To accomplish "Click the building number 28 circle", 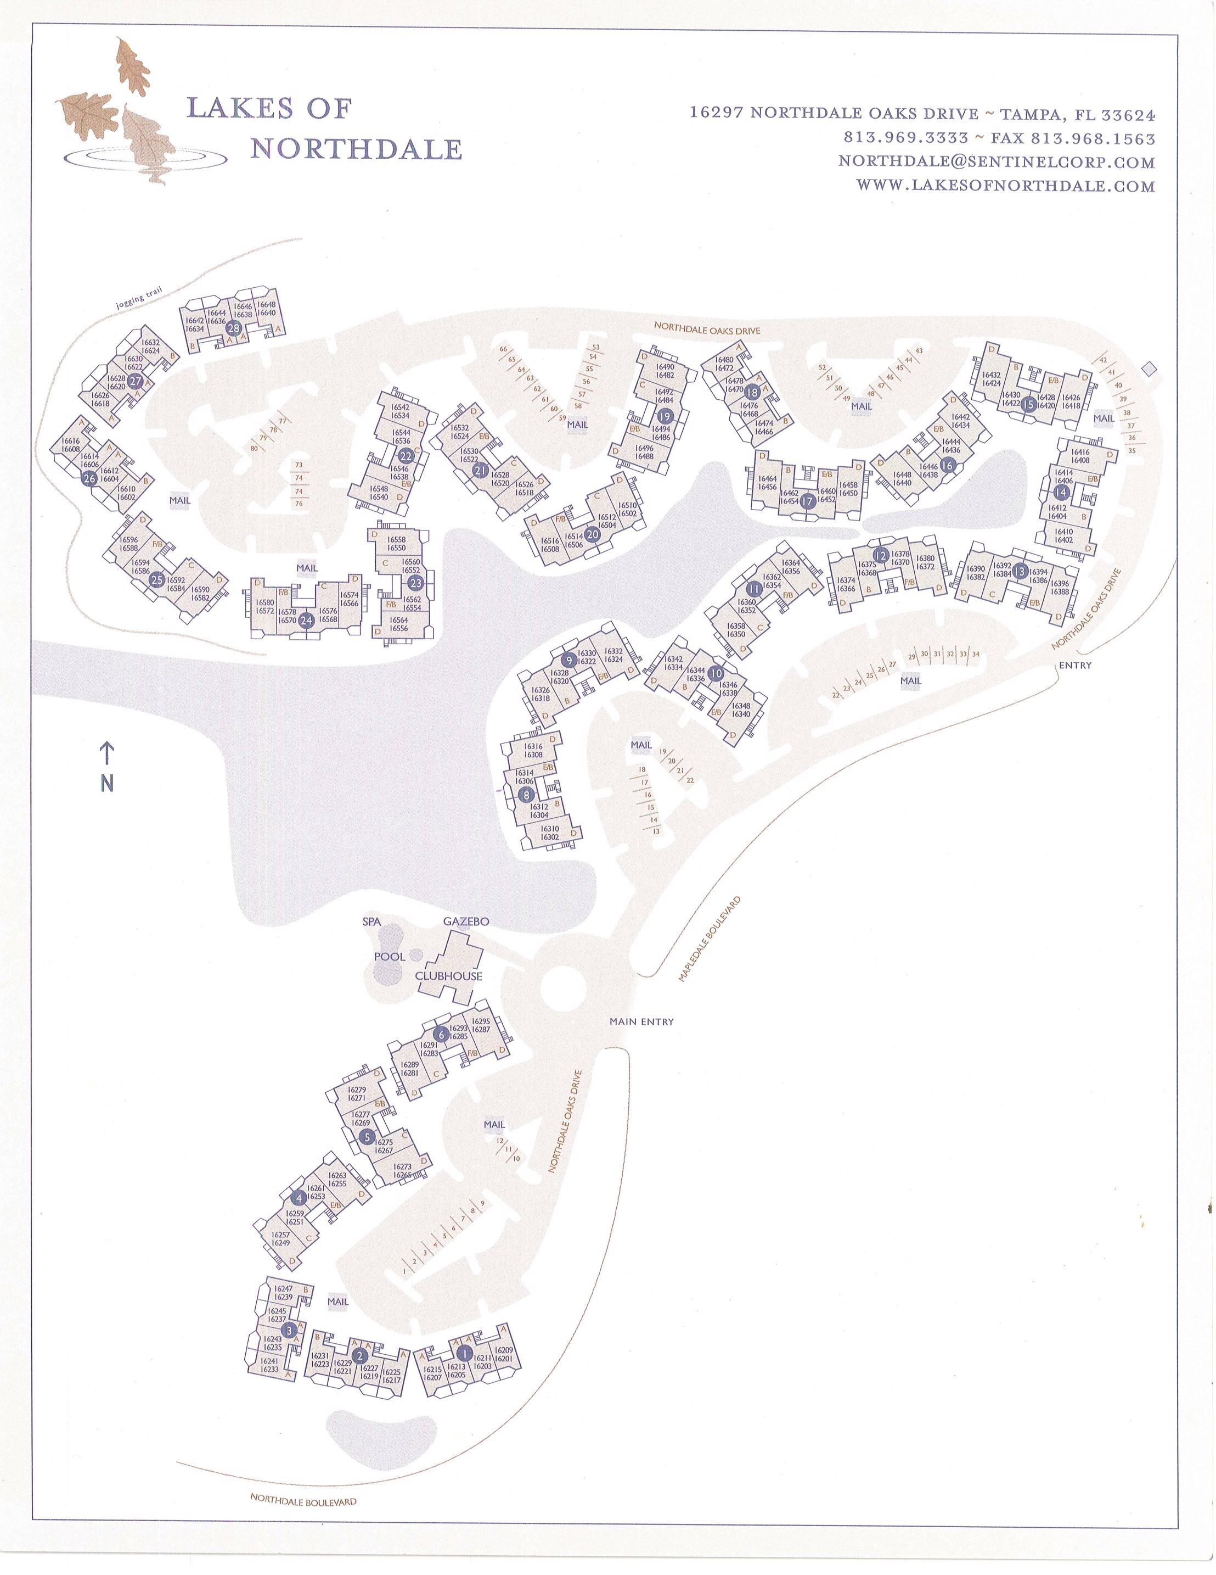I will (x=234, y=328).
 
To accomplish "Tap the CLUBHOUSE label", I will (x=448, y=976).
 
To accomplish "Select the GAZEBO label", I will (x=466, y=921).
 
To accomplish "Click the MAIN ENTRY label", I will (x=641, y=1021).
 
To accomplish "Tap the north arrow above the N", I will (x=106, y=753).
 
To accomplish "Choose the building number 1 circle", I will (x=464, y=1354).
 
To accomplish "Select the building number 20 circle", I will (x=593, y=534).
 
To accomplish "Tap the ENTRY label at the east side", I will (x=1075, y=665).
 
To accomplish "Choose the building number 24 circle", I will (x=306, y=619).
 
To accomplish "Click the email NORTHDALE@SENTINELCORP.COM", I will (x=996, y=162).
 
